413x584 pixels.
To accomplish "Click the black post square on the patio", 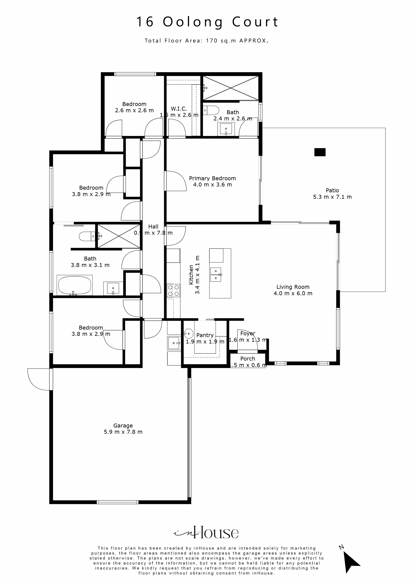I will coord(320,152).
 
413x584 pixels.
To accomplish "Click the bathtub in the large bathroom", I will coord(75,285).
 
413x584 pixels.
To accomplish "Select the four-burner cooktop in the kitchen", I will coord(173,291).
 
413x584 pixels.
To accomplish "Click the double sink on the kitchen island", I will coord(215,275).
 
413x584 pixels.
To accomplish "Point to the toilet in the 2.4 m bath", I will coord(212,110).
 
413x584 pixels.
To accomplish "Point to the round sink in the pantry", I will coord(189,333).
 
